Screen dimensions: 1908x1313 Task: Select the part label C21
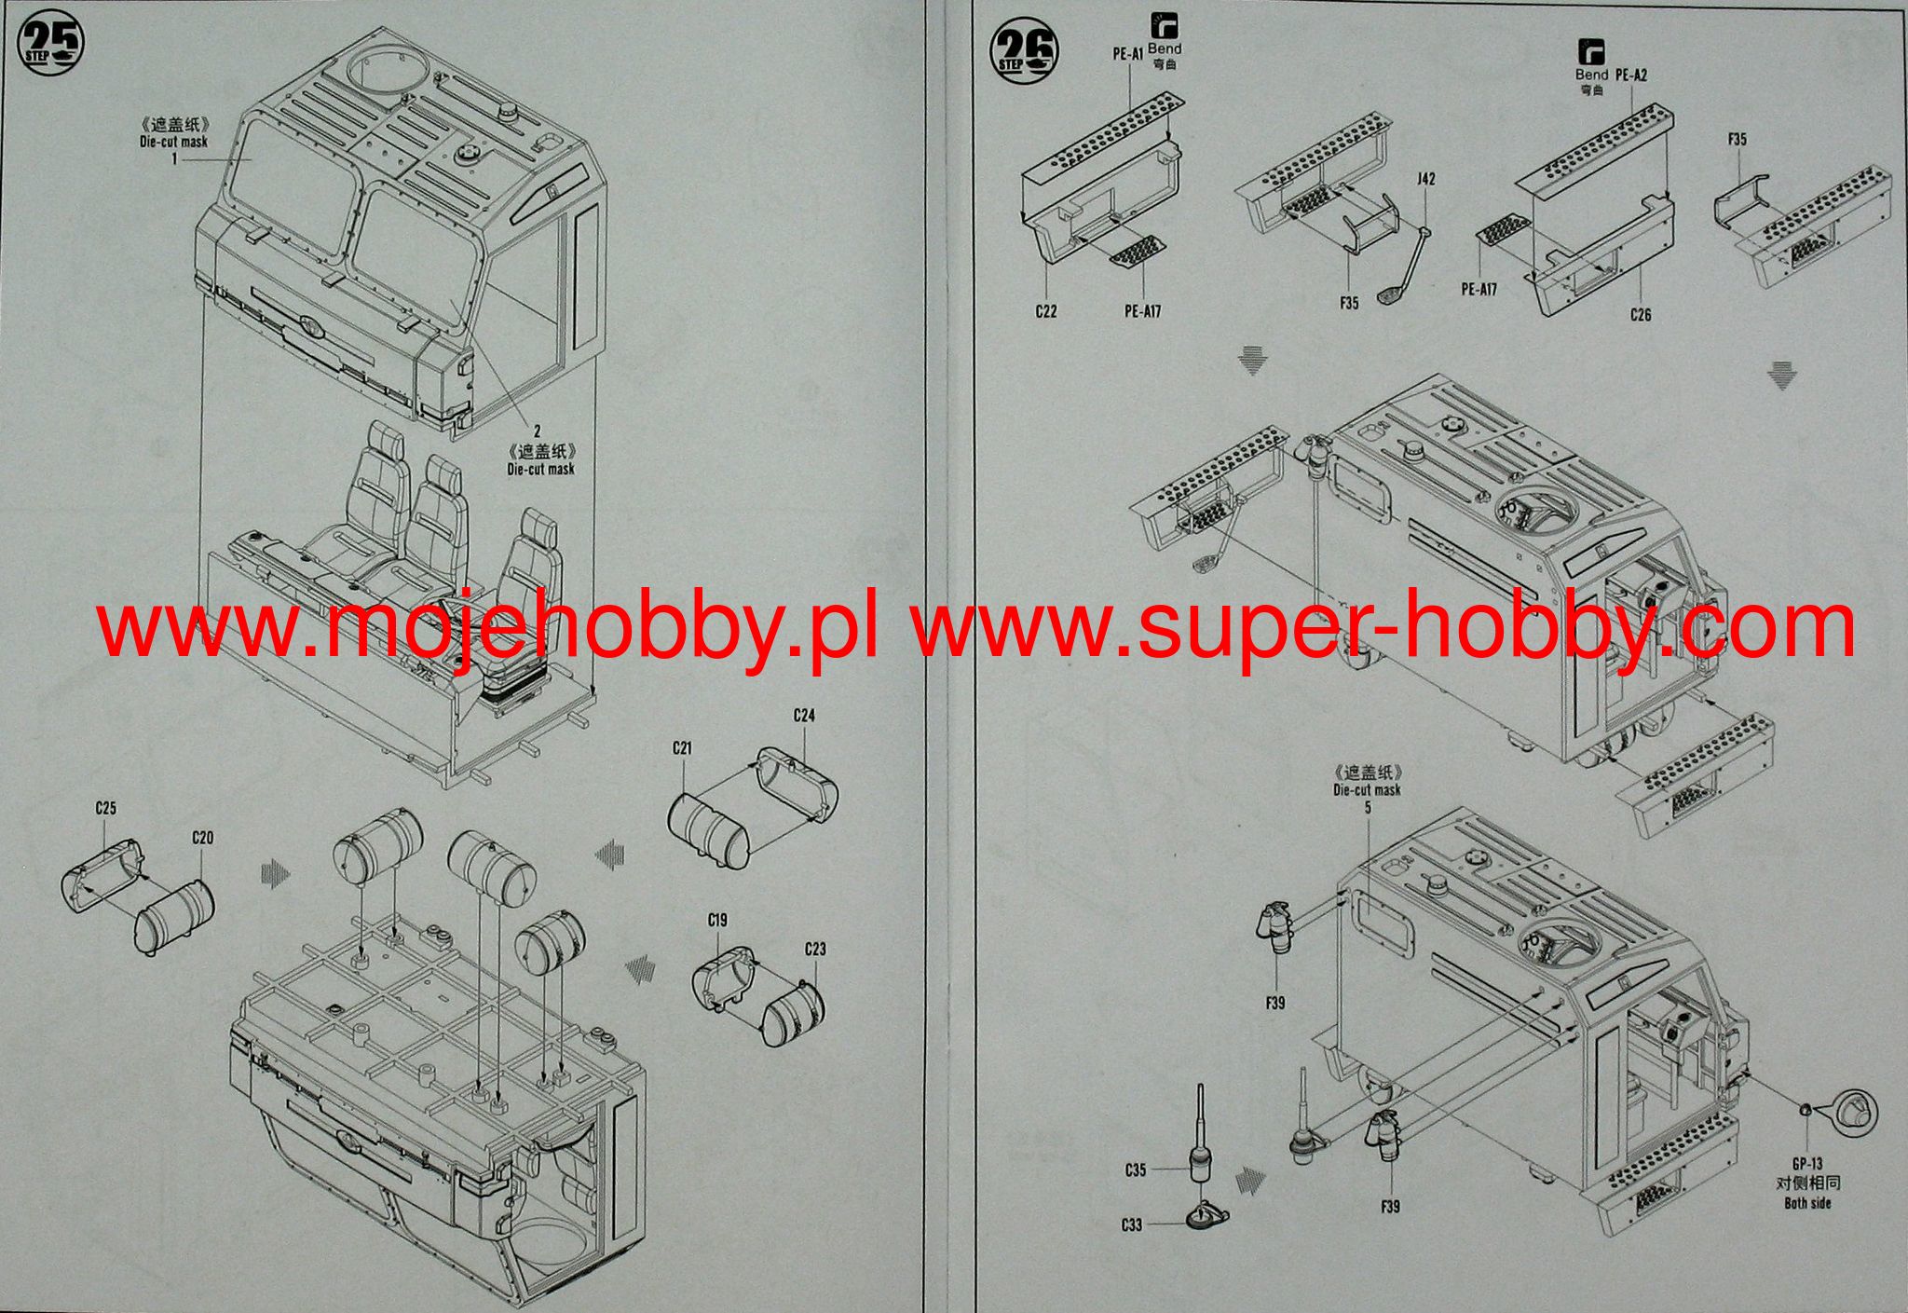(683, 748)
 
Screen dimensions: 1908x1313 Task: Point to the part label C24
(804, 716)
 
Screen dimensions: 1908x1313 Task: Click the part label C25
(105, 809)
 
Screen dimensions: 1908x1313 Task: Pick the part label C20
(202, 838)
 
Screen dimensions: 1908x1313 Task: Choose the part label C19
(716, 920)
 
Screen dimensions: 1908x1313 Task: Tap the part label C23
(814, 950)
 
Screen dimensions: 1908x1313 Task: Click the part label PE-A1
(1127, 54)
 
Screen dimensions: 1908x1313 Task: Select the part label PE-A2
(1631, 74)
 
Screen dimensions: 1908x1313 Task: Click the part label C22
(1046, 311)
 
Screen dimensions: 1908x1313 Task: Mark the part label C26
(1641, 315)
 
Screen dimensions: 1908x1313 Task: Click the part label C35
(1135, 1170)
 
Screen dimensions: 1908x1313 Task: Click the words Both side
(1807, 1203)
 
